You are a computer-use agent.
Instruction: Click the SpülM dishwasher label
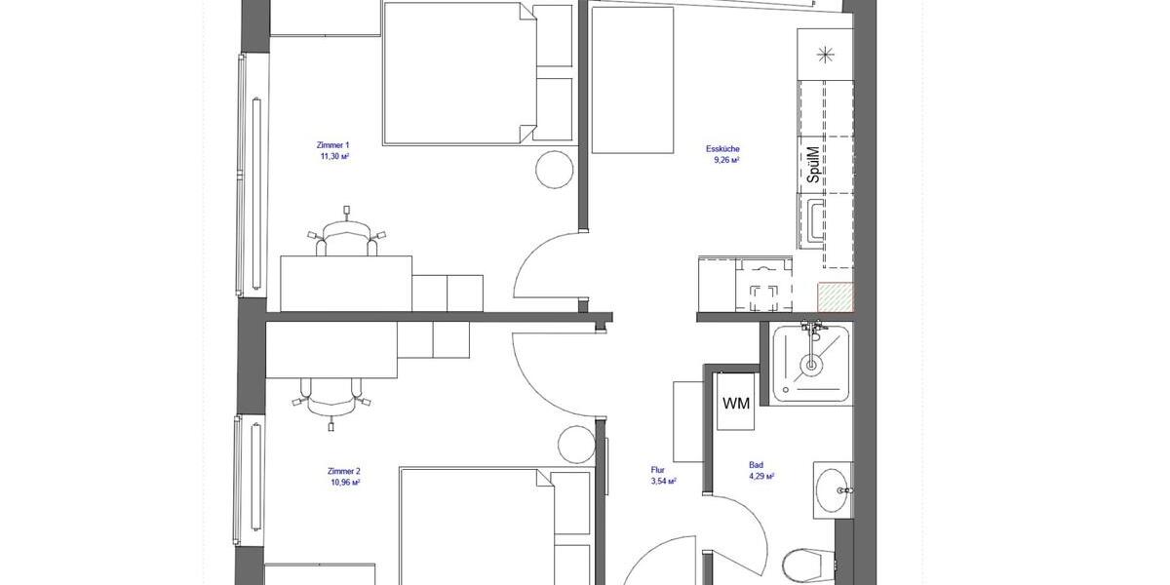[x=814, y=166]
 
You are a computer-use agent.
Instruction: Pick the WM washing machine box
[x=736, y=403]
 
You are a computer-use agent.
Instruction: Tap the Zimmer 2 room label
[x=345, y=471]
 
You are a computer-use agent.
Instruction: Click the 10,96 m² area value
[x=345, y=482]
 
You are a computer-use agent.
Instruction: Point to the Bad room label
[x=756, y=466]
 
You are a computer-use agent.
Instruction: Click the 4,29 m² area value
[x=760, y=477]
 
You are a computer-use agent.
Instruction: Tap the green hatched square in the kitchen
[x=836, y=296]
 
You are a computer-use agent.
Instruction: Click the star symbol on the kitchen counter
[x=825, y=54]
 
